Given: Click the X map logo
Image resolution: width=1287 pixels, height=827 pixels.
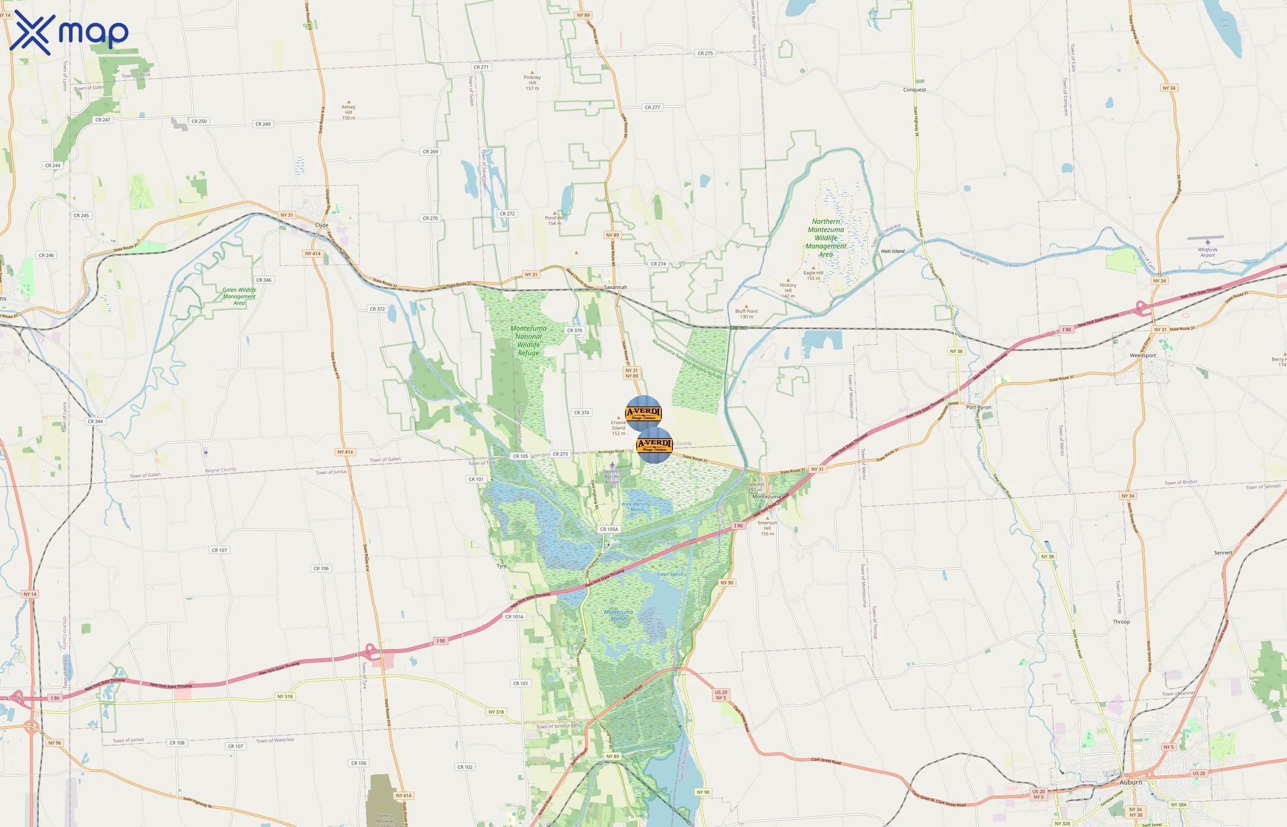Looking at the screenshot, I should [x=69, y=32].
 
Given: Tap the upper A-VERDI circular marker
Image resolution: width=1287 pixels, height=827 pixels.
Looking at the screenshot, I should [x=643, y=413].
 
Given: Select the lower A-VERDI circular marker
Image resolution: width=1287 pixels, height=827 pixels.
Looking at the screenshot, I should [x=654, y=445].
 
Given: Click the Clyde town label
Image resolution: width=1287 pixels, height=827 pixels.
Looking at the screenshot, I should [x=322, y=226].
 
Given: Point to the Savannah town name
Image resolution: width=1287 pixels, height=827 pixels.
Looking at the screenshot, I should [x=615, y=287].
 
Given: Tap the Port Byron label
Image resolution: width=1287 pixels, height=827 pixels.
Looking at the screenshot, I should [x=979, y=408].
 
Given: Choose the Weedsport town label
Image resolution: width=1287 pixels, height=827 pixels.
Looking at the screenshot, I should [x=1143, y=356].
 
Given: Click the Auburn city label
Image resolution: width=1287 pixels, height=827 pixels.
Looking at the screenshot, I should [x=1131, y=782].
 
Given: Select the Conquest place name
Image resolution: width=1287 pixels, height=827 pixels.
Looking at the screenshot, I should [x=914, y=90].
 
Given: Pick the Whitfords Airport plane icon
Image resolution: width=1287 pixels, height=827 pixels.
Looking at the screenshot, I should [x=1207, y=242].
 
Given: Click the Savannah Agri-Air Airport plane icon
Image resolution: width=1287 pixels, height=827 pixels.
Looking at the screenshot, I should [x=612, y=464].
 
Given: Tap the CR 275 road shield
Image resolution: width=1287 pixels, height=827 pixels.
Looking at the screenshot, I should [x=705, y=53].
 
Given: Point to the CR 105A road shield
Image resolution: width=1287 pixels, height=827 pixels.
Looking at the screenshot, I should [x=609, y=529].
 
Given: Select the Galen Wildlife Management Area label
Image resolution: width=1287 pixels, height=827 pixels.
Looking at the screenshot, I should [x=239, y=296].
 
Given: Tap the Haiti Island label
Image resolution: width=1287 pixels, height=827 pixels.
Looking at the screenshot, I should [x=893, y=251].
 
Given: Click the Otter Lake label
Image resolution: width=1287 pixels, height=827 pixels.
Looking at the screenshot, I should [x=1224, y=23].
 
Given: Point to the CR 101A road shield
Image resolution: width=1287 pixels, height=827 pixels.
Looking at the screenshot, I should [x=514, y=617].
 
